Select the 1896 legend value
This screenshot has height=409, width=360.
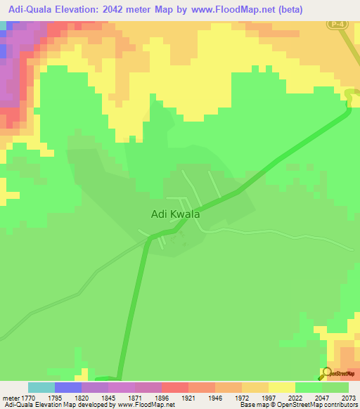(148, 397)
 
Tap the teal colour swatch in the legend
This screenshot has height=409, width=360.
(41, 387)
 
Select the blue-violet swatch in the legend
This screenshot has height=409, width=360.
(68, 387)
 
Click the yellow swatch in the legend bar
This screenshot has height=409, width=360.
(281, 387)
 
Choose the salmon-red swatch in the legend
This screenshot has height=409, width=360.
(174, 387)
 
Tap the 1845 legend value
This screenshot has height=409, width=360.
(94, 397)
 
